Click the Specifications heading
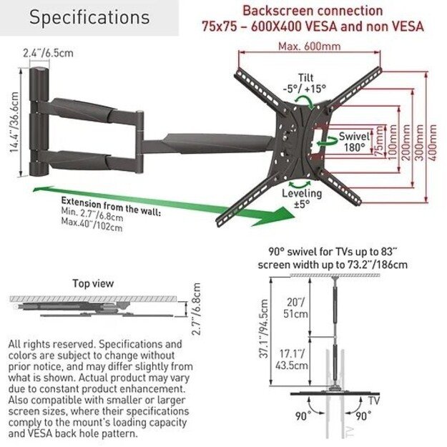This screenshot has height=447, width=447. point(89,17)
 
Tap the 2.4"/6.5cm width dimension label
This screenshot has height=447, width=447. point(48,53)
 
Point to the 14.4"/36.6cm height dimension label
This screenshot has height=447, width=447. point(14,122)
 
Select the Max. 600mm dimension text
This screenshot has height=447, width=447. point(309,46)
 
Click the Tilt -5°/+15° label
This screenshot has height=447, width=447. point(305,83)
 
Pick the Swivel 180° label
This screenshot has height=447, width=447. point(354,142)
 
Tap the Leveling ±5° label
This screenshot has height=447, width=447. point(302,198)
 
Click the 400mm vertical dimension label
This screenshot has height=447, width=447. point(433,142)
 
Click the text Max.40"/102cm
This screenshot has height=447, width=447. point(92,225)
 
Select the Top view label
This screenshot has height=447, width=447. point(93,283)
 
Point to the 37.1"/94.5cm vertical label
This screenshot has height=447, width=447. point(264,328)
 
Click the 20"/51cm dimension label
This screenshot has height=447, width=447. point(296,308)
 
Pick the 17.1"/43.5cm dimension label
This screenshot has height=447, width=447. point(292,360)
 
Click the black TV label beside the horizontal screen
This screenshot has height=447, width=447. point(374,401)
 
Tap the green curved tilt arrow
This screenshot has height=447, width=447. point(305,102)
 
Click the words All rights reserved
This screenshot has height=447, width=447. point(51,344)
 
